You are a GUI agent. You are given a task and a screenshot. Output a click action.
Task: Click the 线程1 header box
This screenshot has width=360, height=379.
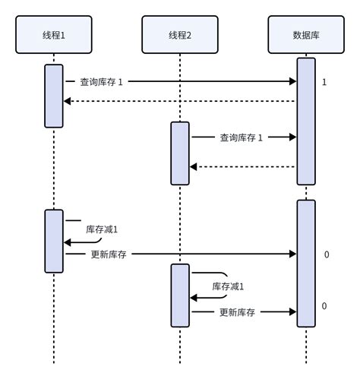point(54,35)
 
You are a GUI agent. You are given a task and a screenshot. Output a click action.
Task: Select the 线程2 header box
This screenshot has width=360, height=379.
point(180,35)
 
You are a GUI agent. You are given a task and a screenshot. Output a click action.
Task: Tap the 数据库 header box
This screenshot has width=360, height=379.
point(305,35)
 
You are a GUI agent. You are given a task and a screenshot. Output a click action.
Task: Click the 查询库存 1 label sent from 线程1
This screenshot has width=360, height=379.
point(101,81)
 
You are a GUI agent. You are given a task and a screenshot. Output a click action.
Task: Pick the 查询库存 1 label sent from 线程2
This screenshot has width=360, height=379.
point(241,137)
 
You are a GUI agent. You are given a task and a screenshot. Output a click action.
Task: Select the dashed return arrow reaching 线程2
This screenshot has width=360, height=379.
point(242,166)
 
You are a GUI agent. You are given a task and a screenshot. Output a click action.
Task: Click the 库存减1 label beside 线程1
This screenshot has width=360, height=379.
point(101,229)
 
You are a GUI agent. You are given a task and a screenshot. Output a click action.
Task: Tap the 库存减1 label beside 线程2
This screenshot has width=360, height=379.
point(228,286)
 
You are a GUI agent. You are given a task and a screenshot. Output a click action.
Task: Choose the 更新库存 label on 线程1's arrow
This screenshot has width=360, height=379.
point(108,254)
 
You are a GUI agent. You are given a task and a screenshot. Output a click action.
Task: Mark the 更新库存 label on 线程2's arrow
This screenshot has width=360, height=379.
point(237,311)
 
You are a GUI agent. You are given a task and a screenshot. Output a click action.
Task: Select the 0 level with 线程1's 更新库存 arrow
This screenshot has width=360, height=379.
point(326,254)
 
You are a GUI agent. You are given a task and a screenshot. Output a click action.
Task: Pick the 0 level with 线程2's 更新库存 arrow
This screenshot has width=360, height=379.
point(324,305)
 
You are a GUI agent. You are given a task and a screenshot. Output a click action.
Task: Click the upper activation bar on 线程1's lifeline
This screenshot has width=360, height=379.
point(54,96)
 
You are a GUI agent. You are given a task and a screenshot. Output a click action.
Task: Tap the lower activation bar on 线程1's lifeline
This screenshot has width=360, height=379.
point(54,241)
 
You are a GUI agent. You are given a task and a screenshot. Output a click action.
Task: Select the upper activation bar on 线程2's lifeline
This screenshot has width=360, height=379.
point(180,153)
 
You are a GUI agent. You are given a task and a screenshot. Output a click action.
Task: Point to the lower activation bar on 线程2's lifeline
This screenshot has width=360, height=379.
point(180,295)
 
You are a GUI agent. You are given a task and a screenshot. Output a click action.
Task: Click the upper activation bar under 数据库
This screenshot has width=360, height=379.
point(305,122)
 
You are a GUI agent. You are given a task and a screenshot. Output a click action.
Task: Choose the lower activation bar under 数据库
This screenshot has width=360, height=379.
point(305,263)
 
